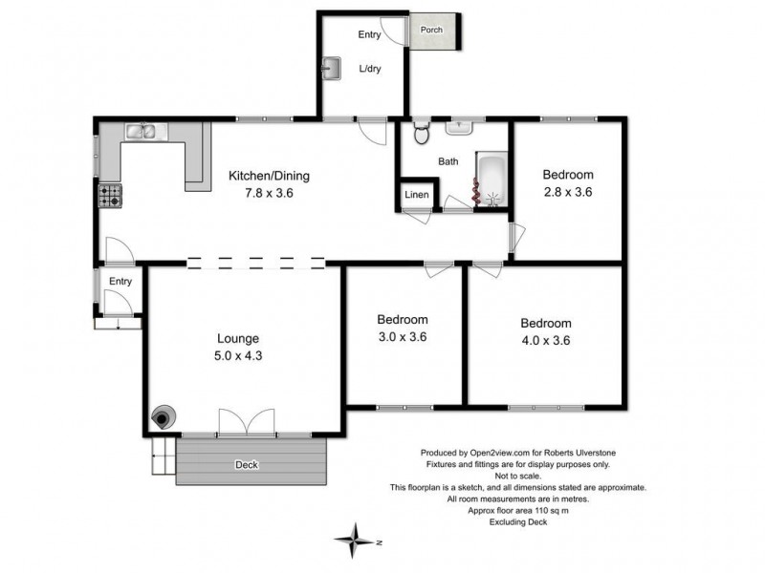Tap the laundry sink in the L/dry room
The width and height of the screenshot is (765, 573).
click(x=332, y=68)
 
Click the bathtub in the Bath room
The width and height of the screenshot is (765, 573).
click(x=492, y=181)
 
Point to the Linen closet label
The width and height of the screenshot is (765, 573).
click(x=417, y=195)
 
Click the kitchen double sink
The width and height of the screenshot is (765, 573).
click(x=145, y=132)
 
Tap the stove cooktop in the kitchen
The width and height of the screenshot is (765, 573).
click(x=110, y=196)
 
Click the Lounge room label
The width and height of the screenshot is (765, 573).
click(x=238, y=338)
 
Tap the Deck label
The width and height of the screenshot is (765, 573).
click(x=247, y=465)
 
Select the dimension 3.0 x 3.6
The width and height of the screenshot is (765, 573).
click(x=402, y=336)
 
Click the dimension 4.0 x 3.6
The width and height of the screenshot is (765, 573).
click(x=545, y=340)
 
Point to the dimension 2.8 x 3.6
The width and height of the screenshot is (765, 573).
click(x=568, y=191)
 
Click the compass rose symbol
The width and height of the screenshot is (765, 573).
click(x=355, y=540)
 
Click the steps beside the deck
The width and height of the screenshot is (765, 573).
click(x=163, y=456)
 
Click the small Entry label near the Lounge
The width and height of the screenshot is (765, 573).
click(x=120, y=281)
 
